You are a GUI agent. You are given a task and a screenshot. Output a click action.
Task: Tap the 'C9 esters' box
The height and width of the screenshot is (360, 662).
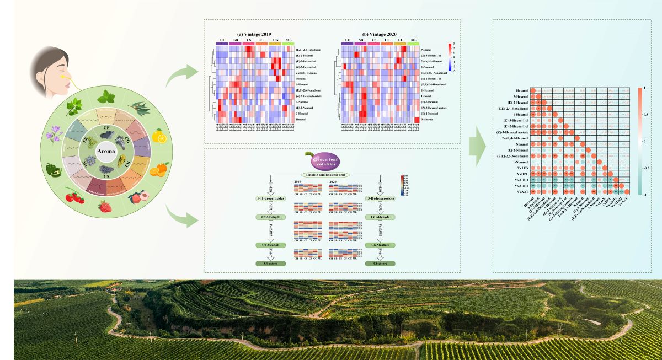270,264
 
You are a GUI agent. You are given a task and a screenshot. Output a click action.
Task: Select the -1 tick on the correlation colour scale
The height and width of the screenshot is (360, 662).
646,195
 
